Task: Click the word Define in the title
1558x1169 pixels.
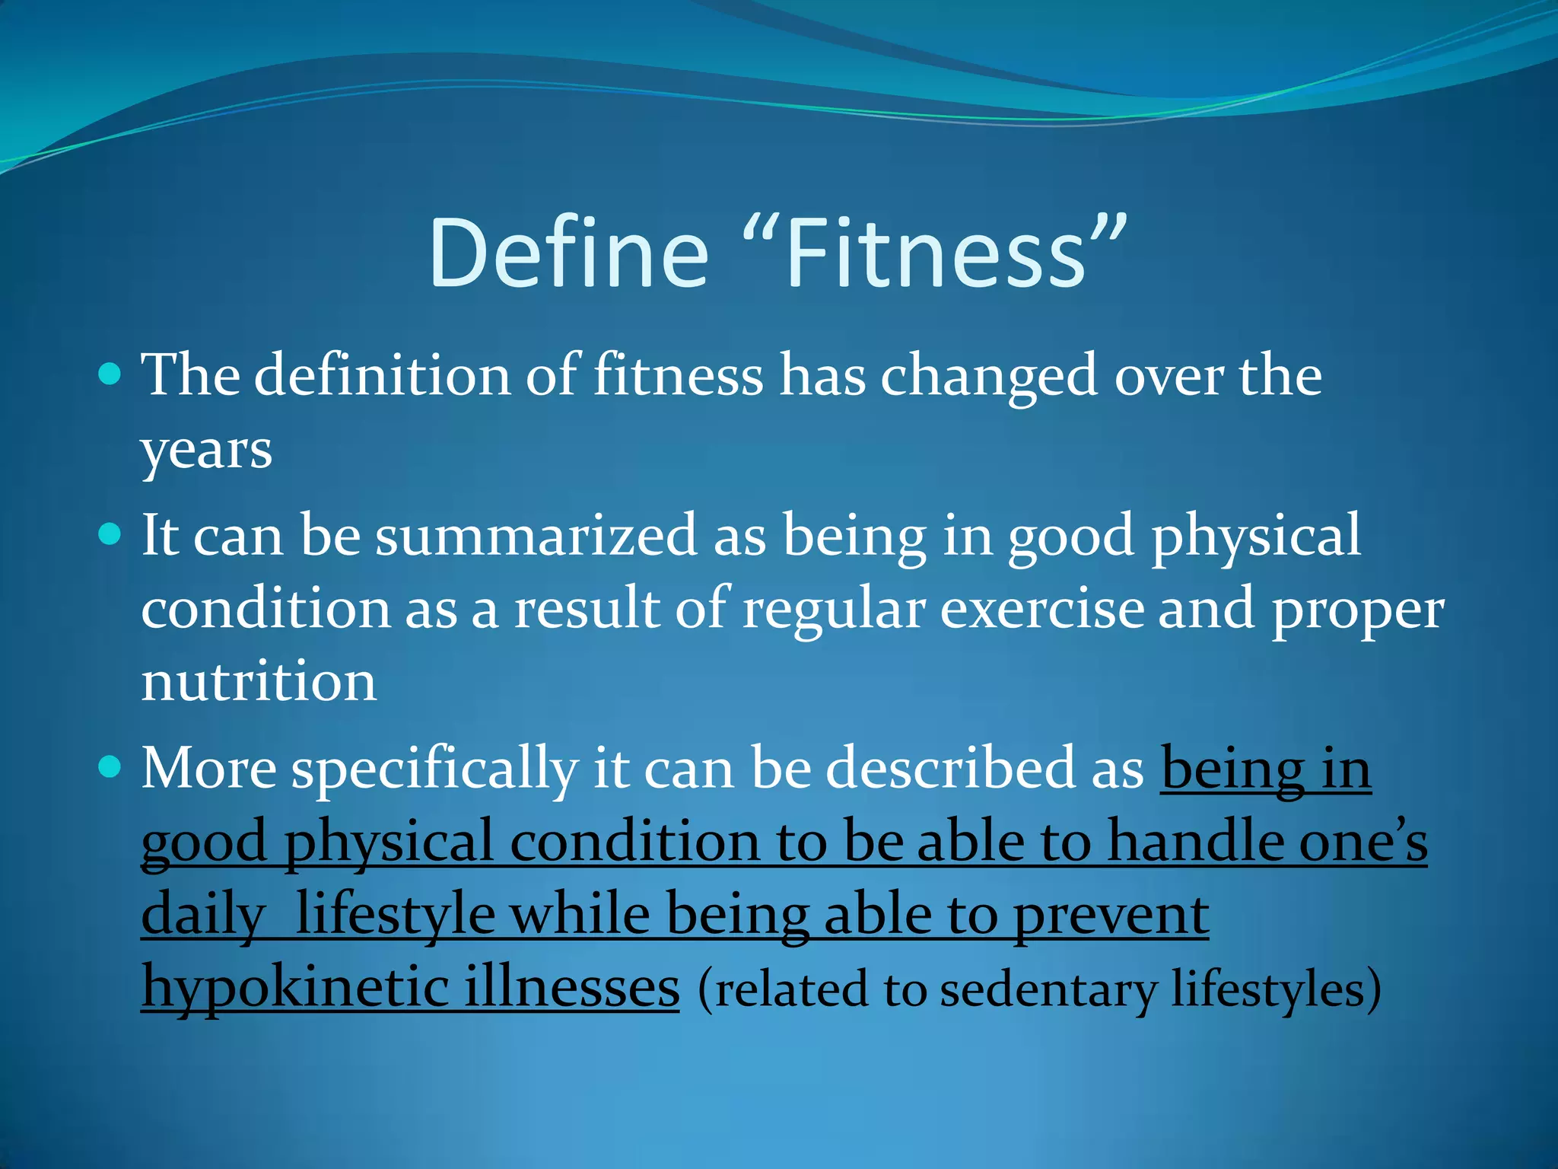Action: click(568, 253)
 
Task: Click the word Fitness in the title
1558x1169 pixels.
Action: click(936, 253)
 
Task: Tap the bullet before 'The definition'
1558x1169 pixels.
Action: click(110, 374)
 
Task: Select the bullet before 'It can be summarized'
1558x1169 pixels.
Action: click(110, 534)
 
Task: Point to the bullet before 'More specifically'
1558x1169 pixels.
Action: click(110, 766)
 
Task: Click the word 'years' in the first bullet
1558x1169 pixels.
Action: click(206, 451)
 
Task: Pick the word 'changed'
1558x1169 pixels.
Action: click(989, 377)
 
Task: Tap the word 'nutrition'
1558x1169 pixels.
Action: click(259, 681)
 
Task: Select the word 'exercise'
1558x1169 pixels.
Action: click(1041, 609)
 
